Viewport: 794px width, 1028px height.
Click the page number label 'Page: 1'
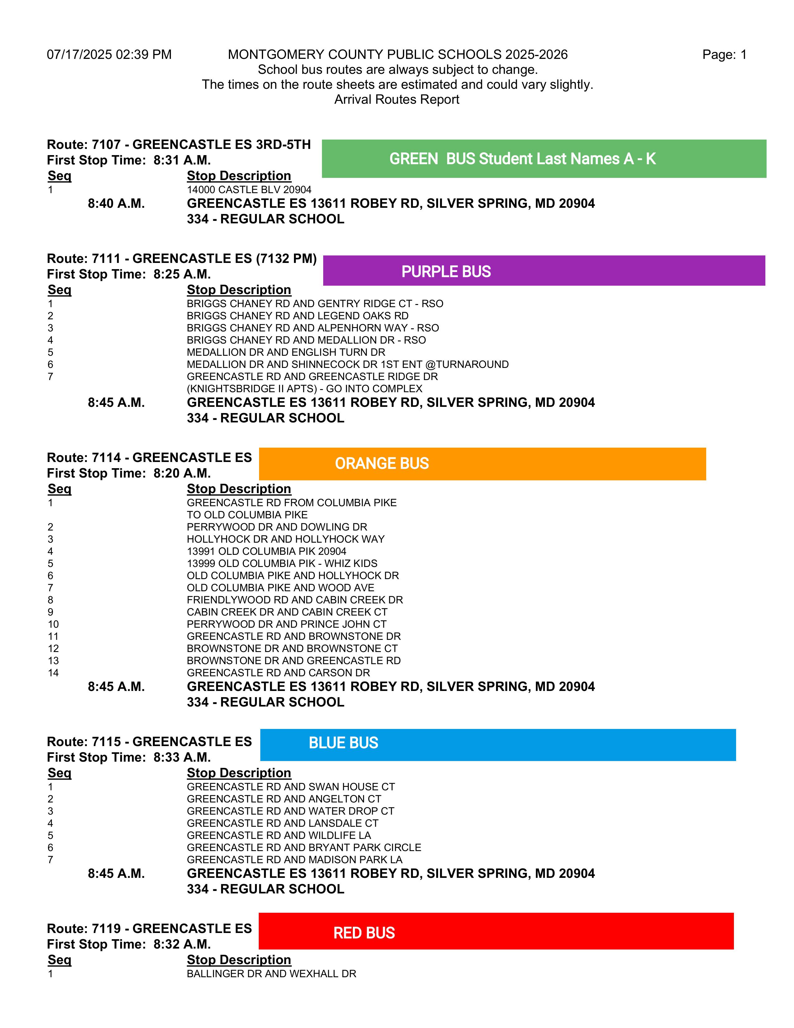(724, 55)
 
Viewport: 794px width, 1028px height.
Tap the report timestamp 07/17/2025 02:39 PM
(109, 55)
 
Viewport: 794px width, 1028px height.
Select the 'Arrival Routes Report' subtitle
(396, 99)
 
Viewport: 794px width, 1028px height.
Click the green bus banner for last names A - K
(522, 159)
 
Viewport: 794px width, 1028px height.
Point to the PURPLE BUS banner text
(446, 272)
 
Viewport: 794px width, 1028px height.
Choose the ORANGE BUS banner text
(381, 463)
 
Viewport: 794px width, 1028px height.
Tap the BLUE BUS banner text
(343, 743)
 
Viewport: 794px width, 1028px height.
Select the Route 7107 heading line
(179, 145)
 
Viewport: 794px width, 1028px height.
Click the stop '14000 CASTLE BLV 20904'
(249, 190)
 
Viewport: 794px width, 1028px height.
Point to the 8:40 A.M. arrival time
(116, 203)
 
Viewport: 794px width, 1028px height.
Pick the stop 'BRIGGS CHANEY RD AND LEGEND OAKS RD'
(297, 316)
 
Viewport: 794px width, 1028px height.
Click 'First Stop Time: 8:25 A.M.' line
(128, 274)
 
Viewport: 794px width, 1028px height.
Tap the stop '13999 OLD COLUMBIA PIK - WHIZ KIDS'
(282, 564)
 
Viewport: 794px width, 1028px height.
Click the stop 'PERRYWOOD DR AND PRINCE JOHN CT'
(286, 624)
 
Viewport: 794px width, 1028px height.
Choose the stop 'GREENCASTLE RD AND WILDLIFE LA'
(278, 835)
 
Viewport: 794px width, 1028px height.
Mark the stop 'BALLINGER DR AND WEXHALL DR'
(272, 973)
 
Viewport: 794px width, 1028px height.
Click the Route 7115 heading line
(149, 742)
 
